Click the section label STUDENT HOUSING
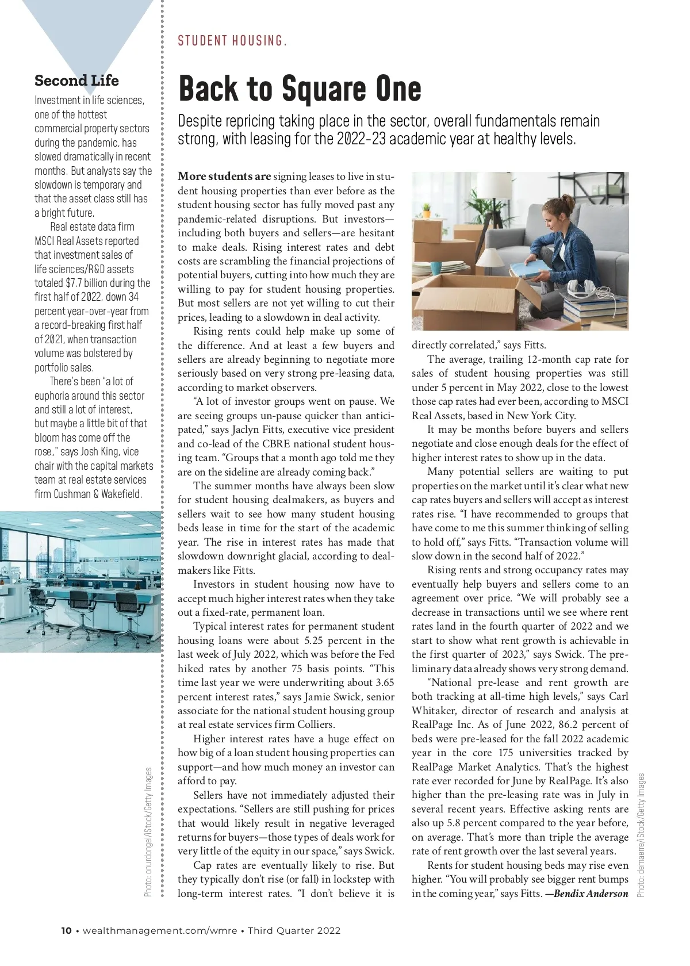pos(232,41)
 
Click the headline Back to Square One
pos(300,89)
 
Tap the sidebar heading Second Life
pos(76,80)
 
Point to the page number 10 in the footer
pos(67,930)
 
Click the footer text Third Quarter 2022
pos(294,930)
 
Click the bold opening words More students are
pos(224,177)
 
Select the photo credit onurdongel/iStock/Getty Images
pos(149,832)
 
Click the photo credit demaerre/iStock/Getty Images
pos(642,835)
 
